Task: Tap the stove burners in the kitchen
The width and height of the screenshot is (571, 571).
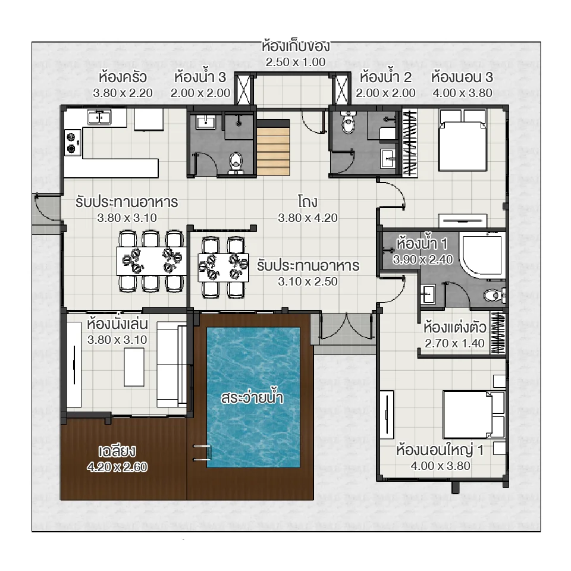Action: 73,142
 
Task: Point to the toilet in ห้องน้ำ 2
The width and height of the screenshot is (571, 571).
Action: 349,123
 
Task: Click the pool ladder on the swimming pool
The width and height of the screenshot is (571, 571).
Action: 200,452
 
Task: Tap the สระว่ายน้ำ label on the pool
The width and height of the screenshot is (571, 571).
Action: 250,398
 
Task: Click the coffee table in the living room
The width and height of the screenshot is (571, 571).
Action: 134,366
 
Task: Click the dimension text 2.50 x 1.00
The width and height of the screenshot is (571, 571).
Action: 296,62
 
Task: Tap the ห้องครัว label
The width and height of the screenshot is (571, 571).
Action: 123,77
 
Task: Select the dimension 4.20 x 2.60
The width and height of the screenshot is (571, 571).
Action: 117,467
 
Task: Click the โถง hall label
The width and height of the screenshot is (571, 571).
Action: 308,201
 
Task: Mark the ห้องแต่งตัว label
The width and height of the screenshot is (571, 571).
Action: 455,328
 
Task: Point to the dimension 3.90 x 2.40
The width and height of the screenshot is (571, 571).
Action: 422,259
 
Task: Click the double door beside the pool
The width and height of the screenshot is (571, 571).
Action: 345,325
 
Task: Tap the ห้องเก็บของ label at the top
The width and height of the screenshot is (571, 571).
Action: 296,46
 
